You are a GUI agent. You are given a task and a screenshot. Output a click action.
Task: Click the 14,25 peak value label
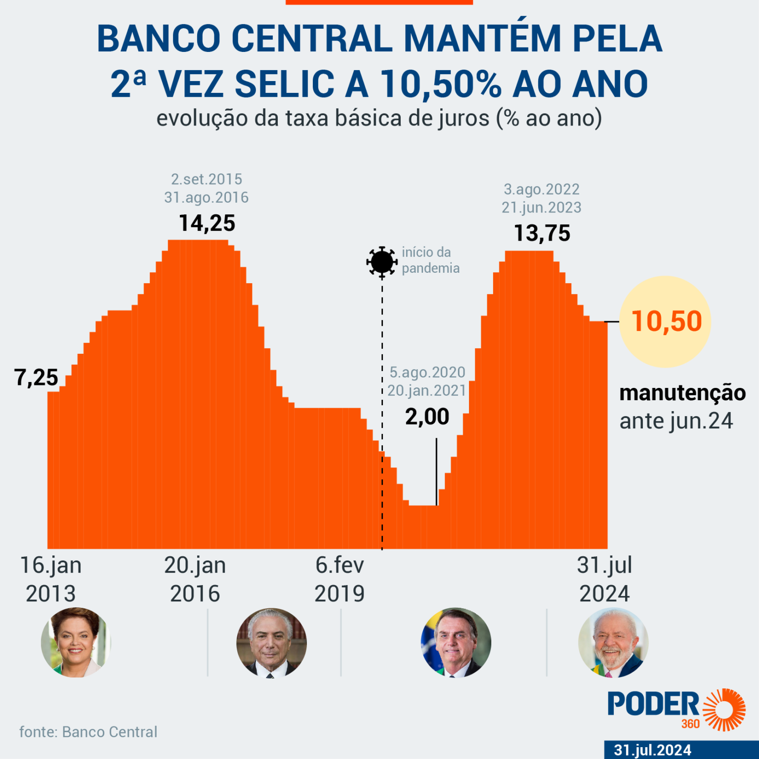coord(207,223)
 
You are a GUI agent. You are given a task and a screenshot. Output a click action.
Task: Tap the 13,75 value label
coord(542,233)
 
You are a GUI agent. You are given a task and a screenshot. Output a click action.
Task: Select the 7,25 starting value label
coord(37,378)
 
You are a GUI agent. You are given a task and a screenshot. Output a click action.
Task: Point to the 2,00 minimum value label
coord(427,417)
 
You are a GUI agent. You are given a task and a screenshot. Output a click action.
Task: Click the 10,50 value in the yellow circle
coord(666,321)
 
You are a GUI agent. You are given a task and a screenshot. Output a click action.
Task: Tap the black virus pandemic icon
coord(381,261)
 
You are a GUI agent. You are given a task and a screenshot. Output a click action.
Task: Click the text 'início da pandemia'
coord(430,260)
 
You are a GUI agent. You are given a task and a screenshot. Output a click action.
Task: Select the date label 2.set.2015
coord(207,179)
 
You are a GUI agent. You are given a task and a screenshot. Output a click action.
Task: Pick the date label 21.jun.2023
coord(542,208)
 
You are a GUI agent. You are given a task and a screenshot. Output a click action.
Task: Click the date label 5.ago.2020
coord(427,372)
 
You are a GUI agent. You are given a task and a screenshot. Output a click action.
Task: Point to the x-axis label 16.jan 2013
coord(50,579)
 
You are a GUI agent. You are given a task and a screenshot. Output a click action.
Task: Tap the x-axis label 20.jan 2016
coord(195,579)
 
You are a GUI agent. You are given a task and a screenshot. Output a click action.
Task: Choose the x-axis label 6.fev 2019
coord(339,579)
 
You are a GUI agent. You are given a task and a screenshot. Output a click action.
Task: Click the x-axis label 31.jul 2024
coord(604,579)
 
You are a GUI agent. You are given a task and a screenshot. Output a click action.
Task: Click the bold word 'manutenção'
coord(682,393)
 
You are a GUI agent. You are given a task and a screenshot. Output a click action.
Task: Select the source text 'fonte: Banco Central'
coord(88,732)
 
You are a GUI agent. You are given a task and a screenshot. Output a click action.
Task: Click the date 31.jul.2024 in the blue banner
coord(652,750)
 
